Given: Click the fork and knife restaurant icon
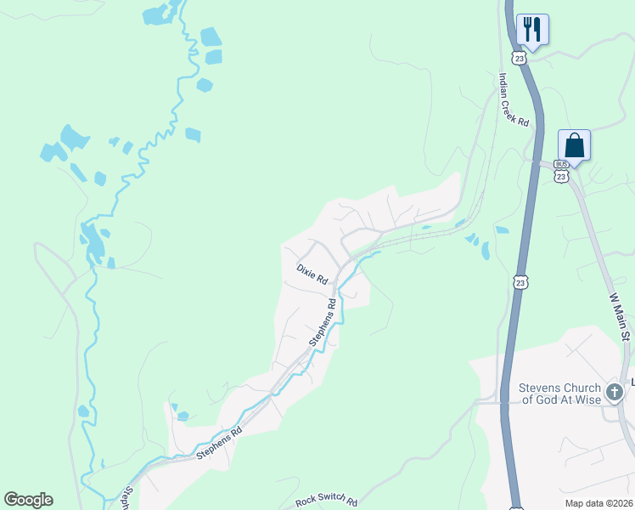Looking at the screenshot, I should (x=532, y=29).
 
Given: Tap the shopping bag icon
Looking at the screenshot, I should (x=575, y=144).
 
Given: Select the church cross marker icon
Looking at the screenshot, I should (x=615, y=393).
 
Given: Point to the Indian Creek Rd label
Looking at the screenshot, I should (x=514, y=100).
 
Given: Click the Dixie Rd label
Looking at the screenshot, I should (x=312, y=275).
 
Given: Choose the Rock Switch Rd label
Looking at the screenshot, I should (x=327, y=502).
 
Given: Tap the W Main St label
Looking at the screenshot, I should (x=620, y=317).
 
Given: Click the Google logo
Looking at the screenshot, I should (x=28, y=500).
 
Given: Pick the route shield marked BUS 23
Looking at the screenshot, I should (x=560, y=170).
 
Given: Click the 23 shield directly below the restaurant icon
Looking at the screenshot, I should (x=520, y=56).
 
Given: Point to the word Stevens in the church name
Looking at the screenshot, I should (x=540, y=388).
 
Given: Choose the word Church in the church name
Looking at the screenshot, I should (x=582, y=388).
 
